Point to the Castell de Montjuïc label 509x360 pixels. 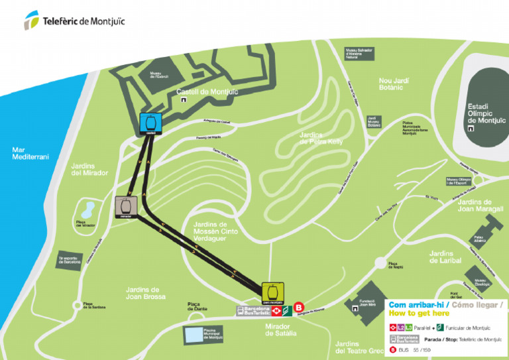(207, 92)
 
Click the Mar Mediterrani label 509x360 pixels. (27, 153)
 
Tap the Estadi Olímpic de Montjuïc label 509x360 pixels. (486, 113)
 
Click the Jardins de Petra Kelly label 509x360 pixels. (321, 138)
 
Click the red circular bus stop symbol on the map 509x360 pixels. (298, 308)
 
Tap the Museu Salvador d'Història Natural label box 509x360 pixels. (361, 53)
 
